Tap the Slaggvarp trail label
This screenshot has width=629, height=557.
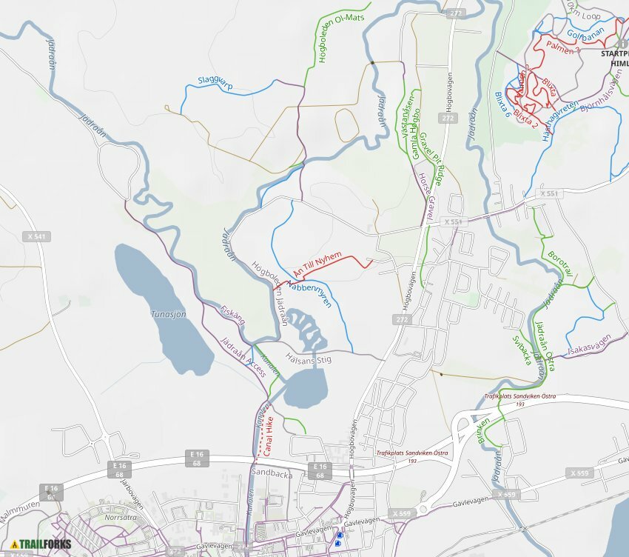coord(215,83)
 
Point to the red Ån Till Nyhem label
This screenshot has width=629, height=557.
coord(318,264)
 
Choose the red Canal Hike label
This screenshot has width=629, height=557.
coord(269,435)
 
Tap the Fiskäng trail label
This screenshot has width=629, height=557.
coord(232,315)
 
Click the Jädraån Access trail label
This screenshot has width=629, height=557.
coord(243,357)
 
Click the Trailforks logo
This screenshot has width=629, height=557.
coord(41,544)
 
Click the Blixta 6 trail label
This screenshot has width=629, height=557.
coord(502,104)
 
